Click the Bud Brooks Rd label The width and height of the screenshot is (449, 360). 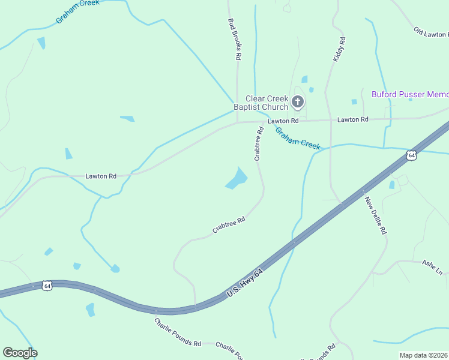[234, 40]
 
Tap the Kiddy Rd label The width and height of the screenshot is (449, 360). [340, 50]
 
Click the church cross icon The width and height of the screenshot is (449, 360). [298, 103]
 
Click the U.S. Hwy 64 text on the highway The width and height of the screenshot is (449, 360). [245, 284]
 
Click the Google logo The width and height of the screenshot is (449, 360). [20, 353]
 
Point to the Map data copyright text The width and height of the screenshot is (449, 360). [423, 355]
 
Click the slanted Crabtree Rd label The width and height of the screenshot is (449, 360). [229, 225]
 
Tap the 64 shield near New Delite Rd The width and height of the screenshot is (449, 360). [411, 155]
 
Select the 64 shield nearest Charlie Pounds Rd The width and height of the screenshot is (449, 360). [47, 286]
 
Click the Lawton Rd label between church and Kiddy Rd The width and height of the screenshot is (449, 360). [283, 121]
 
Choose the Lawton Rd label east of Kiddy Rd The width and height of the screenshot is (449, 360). [352, 119]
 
